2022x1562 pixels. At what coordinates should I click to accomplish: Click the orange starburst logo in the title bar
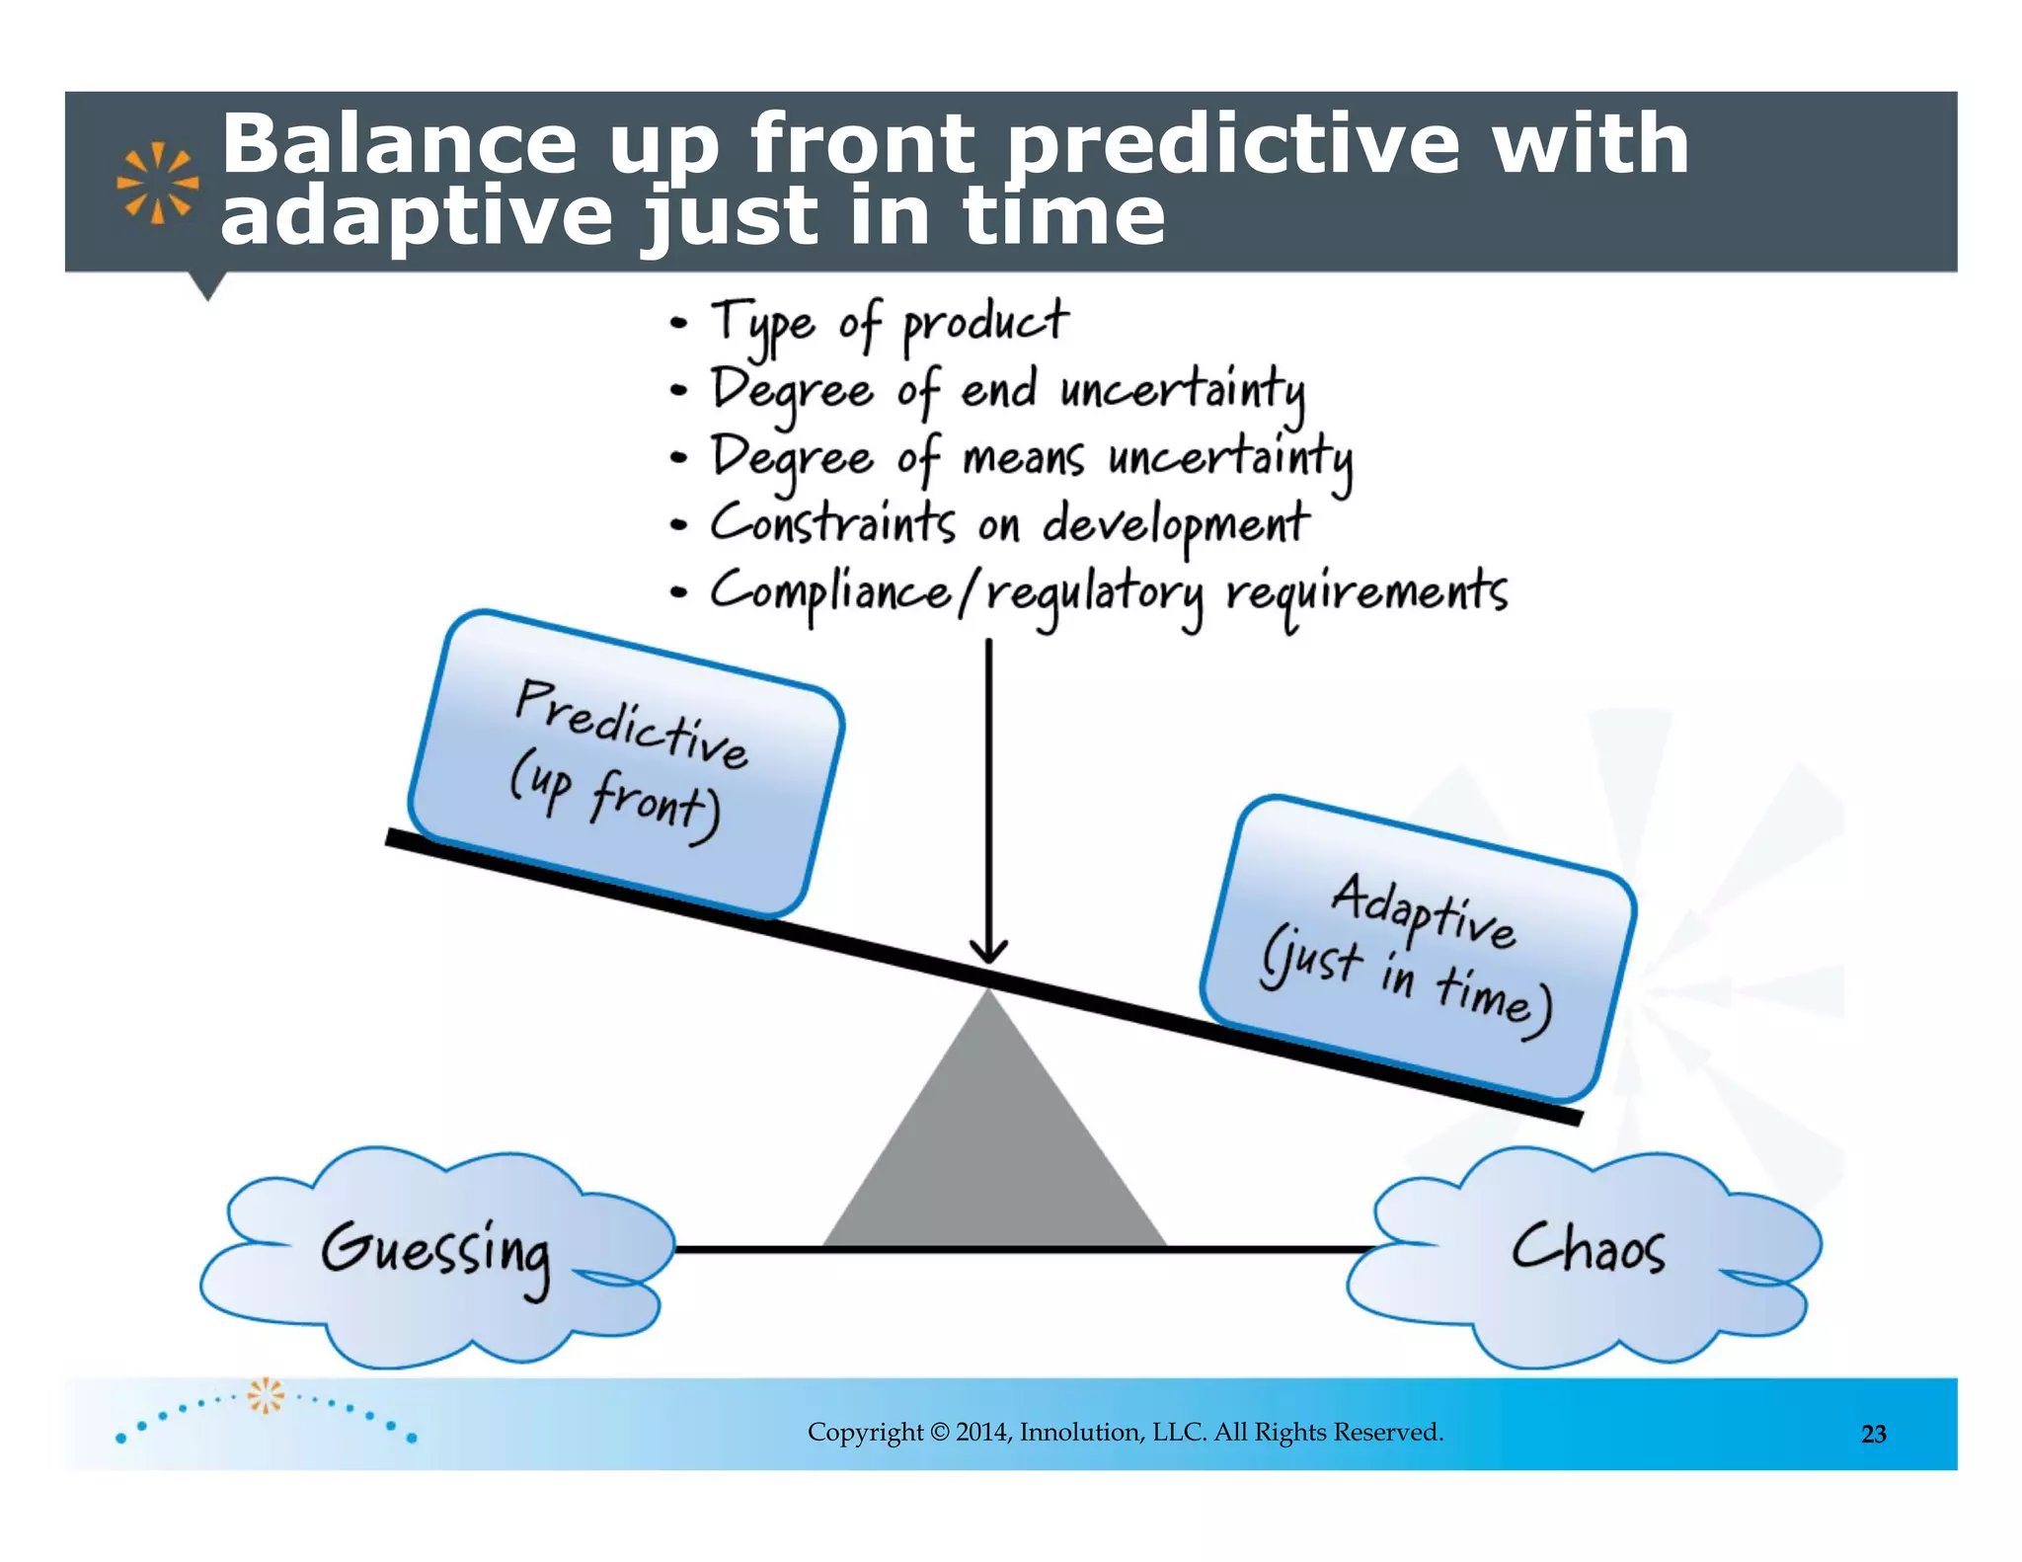[x=157, y=183]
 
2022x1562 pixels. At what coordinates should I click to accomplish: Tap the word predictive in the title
[x=1231, y=146]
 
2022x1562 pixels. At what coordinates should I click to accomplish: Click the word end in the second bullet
[x=998, y=388]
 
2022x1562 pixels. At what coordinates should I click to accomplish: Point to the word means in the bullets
[x=1022, y=458]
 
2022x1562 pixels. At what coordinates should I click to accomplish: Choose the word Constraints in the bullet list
[x=832, y=522]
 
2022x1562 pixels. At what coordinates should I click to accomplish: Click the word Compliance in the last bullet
[x=830, y=592]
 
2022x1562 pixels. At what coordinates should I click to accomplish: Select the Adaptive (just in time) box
[x=1418, y=949]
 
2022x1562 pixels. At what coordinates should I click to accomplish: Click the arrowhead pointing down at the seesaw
[x=988, y=950]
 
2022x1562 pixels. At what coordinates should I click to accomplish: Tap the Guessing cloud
[x=435, y=1254]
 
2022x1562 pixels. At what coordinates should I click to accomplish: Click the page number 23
[x=1873, y=1434]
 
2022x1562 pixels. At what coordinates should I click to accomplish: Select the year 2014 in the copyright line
[x=981, y=1432]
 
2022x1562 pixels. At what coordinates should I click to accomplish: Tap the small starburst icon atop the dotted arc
[x=265, y=1394]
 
